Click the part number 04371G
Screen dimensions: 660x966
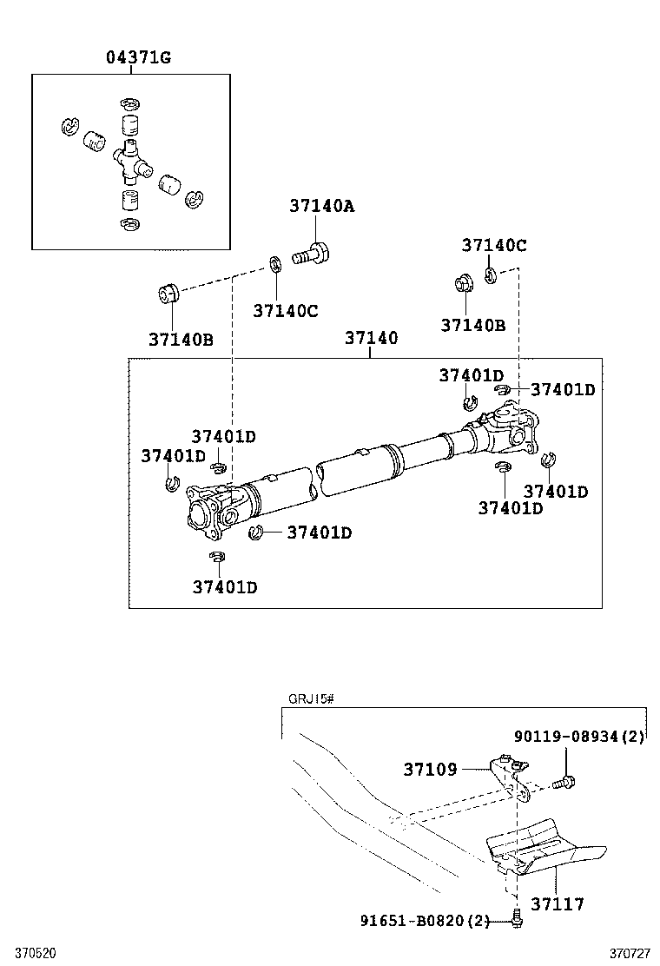[x=139, y=57]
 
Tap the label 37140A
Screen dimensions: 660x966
[x=322, y=206]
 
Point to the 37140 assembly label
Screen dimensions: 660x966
[x=372, y=338]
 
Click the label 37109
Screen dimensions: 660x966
[x=431, y=769]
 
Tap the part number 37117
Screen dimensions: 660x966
[x=558, y=903]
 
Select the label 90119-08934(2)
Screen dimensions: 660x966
[x=579, y=736]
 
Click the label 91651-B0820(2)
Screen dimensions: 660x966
[x=425, y=921]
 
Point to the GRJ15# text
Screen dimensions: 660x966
[x=311, y=699]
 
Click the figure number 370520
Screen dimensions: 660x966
[x=36, y=953]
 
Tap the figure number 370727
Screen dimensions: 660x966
[x=630, y=953]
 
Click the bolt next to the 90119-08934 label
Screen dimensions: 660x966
[x=564, y=783]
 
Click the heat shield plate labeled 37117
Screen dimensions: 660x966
[x=546, y=847]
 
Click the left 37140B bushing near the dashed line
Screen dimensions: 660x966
[x=168, y=292]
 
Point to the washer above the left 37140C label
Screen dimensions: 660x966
[x=274, y=264]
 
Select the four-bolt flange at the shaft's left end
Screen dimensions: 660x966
[x=203, y=513]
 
